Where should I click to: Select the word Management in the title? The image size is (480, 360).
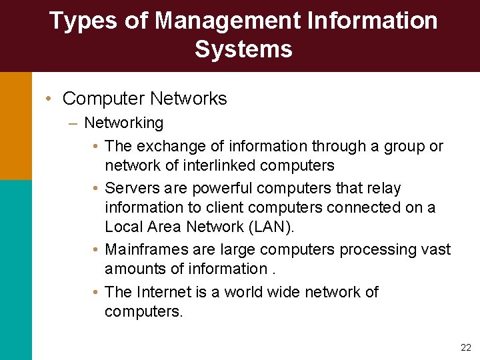(228, 21)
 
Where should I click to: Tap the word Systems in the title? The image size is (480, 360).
(243, 49)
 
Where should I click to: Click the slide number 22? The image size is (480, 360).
(465, 347)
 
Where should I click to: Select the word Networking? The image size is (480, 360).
(123, 123)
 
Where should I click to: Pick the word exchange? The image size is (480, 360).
(167, 146)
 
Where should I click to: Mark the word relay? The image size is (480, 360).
(383, 188)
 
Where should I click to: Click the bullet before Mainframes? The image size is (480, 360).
(97, 250)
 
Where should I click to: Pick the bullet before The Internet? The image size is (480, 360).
(97, 293)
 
